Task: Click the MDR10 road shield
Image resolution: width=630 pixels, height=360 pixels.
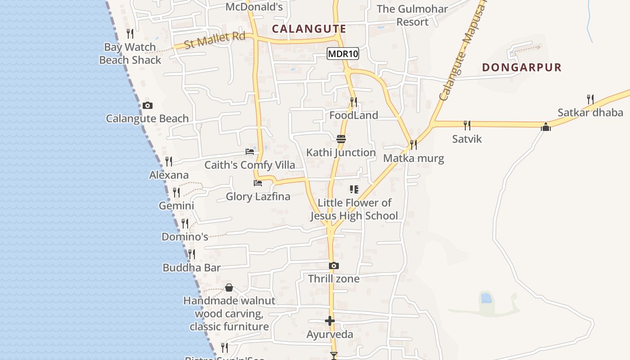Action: point(343,54)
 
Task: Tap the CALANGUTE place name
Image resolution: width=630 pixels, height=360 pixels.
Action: point(309,29)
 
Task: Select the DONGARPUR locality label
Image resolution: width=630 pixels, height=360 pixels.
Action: point(522,67)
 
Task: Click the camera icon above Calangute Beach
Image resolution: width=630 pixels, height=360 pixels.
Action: point(147,106)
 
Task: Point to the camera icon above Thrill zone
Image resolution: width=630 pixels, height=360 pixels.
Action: point(333,266)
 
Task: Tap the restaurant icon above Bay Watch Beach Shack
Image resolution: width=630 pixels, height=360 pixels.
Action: point(130,34)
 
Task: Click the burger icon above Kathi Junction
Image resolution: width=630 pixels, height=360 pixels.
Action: point(341,139)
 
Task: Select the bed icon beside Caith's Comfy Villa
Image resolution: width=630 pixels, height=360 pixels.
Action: point(250,152)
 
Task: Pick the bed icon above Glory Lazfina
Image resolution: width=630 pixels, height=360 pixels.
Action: point(258,183)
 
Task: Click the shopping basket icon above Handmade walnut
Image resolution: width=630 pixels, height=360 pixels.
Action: point(229,288)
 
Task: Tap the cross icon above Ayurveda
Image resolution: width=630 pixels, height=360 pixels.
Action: point(330,321)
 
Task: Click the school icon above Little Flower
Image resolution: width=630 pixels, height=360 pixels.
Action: point(354,189)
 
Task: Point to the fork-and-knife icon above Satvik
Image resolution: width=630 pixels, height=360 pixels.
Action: point(467,125)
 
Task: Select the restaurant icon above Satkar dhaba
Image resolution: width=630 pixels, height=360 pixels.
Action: point(590,99)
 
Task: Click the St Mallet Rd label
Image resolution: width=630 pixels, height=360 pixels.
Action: point(215,40)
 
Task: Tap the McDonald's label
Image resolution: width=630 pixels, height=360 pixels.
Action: point(254,7)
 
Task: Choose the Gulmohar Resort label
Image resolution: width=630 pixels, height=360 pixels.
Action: point(412,15)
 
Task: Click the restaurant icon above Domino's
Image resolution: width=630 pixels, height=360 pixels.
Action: point(185,223)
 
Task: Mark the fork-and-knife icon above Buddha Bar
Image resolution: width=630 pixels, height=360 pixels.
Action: point(192,254)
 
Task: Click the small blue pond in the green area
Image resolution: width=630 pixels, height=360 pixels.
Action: point(486,298)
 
